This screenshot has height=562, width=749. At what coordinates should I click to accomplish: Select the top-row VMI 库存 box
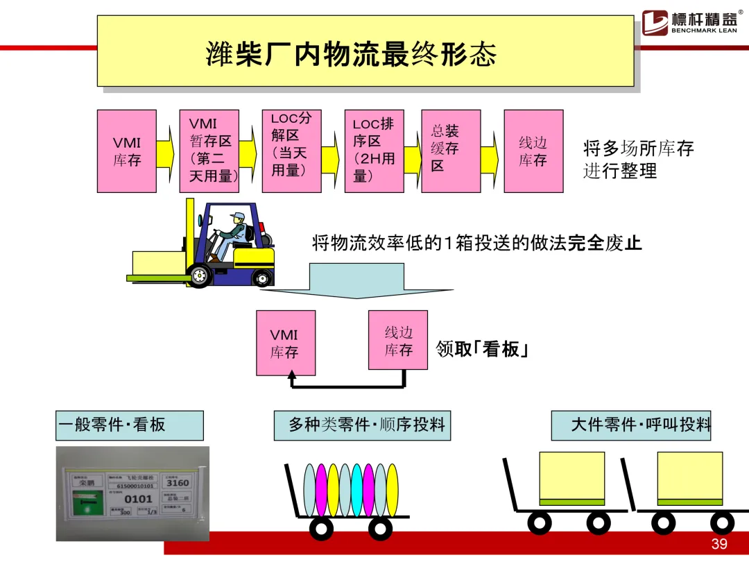126,151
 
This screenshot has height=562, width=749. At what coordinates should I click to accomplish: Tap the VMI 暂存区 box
209,151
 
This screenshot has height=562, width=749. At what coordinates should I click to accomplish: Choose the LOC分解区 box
291,151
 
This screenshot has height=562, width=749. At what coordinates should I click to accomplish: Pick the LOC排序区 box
374,151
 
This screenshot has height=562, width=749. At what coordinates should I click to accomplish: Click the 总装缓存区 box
451,151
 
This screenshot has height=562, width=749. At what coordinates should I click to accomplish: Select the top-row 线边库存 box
533,151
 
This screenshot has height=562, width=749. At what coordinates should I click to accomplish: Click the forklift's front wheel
200,275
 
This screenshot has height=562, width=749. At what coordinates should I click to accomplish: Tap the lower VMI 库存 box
284,343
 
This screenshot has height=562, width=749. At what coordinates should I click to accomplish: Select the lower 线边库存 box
398,340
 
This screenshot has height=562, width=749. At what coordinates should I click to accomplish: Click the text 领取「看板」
483,349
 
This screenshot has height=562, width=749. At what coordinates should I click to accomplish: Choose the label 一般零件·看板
130,425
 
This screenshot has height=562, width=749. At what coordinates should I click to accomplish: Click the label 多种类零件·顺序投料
362,425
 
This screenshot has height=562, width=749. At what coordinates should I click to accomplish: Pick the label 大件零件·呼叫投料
631,425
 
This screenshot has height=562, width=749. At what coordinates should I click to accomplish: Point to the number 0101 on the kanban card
138,498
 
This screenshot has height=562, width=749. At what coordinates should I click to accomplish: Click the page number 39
719,543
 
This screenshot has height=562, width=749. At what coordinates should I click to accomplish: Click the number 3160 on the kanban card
178,483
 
